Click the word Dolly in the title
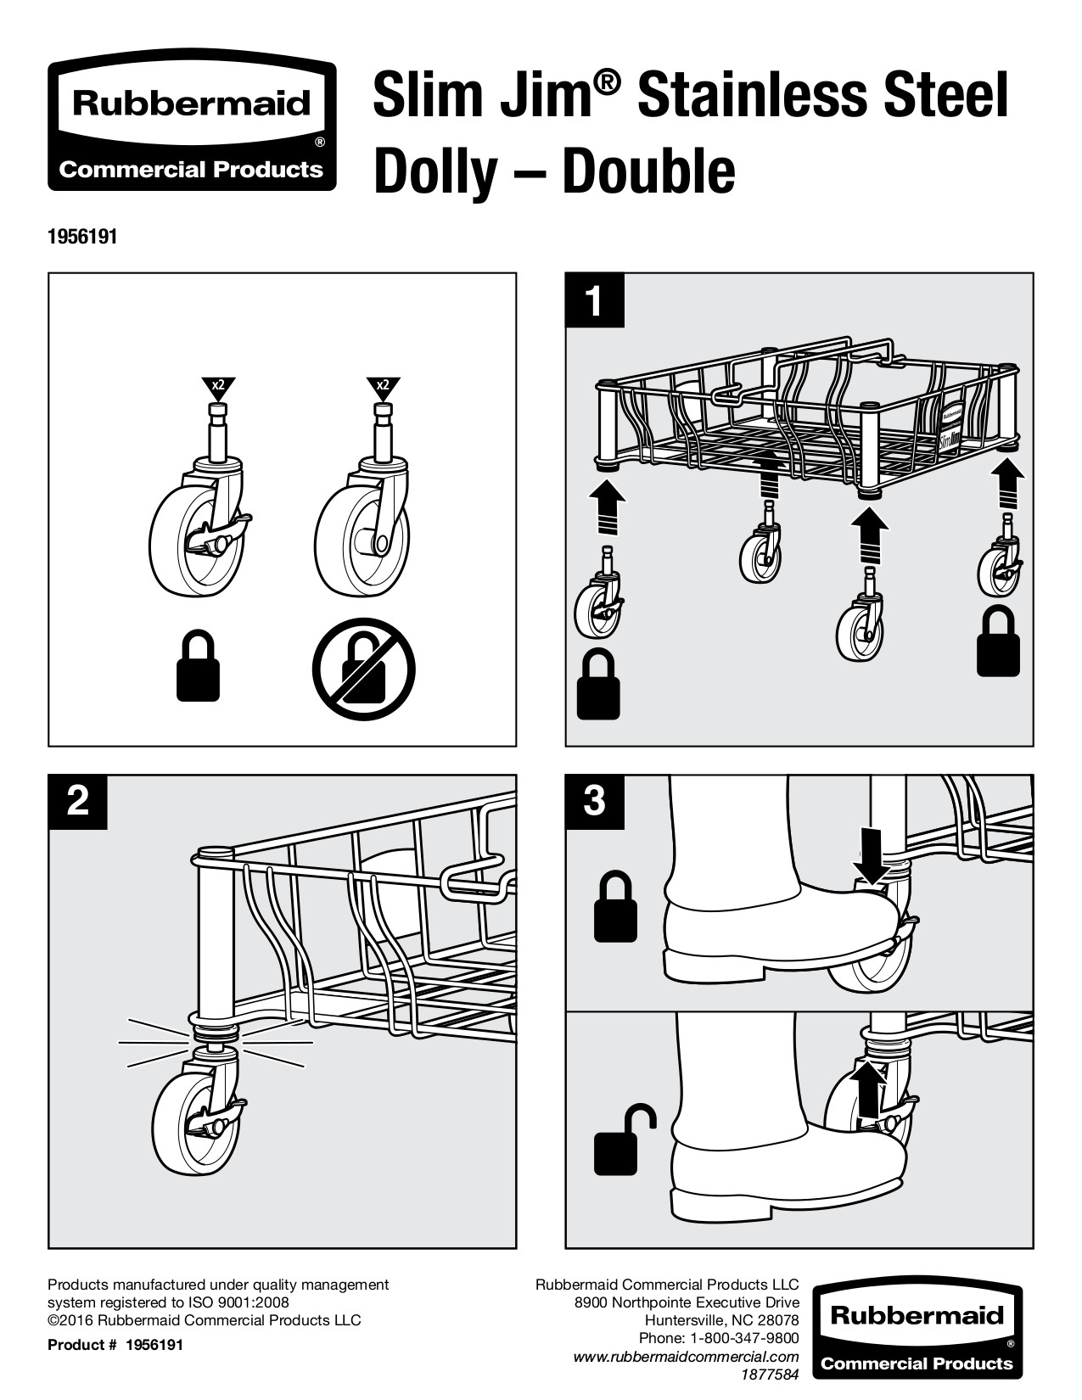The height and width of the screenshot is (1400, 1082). pyautogui.click(x=434, y=172)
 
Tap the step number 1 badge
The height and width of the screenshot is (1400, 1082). pyautogui.click(x=595, y=300)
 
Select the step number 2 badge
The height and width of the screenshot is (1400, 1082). pyautogui.click(x=78, y=801)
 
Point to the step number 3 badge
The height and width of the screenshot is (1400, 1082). pyautogui.click(x=595, y=801)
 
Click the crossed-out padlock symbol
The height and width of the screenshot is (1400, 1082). pyautogui.click(x=364, y=668)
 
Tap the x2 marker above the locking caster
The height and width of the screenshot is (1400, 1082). pyautogui.click(x=218, y=387)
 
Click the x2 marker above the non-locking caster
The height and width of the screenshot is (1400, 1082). pyautogui.click(x=383, y=387)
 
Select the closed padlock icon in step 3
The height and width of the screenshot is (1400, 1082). pyautogui.click(x=616, y=908)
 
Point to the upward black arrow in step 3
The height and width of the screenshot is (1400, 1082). pyautogui.click(x=867, y=1089)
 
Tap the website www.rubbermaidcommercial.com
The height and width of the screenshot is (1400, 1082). pyautogui.click(x=687, y=1357)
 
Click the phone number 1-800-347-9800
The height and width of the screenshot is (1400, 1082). pyautogui.click(x=743, y=1338)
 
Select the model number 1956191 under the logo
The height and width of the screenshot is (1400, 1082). pyautogui.click(x=82, y=238)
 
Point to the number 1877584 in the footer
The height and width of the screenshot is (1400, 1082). pyautogui.click(x=769, y=1374)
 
